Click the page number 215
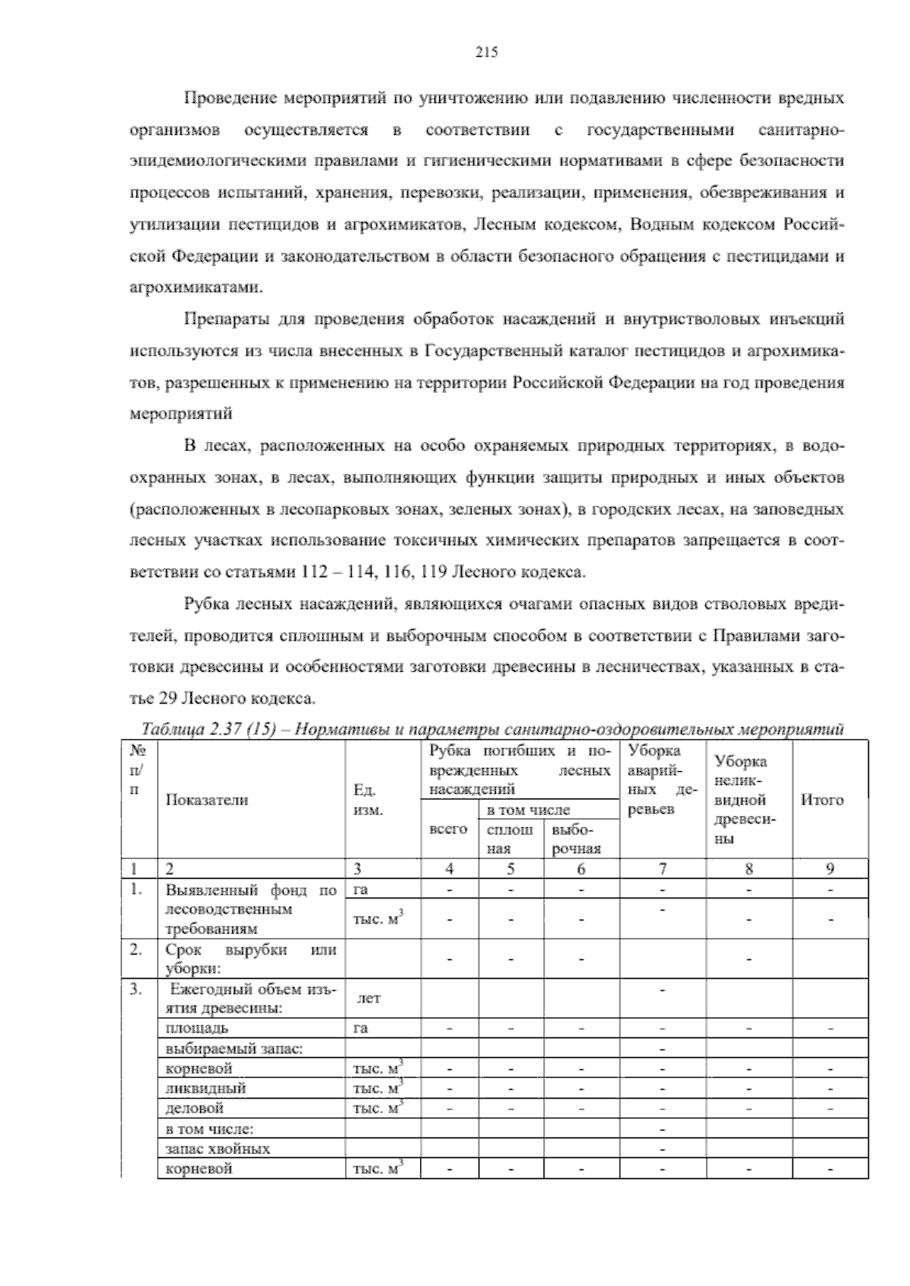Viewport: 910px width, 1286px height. coord(486,52)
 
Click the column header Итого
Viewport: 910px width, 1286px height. coord(822,800)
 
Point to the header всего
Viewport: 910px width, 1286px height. coord(448,830)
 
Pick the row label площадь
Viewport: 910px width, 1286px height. coord(196,1028)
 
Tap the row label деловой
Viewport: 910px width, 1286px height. coord(195,1108)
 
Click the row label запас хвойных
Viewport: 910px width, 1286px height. coord(217,1148)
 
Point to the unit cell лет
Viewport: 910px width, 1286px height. coord(369,999)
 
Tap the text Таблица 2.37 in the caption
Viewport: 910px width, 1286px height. coord(181,730)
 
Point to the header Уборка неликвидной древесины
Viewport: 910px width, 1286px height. coord(742,800)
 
